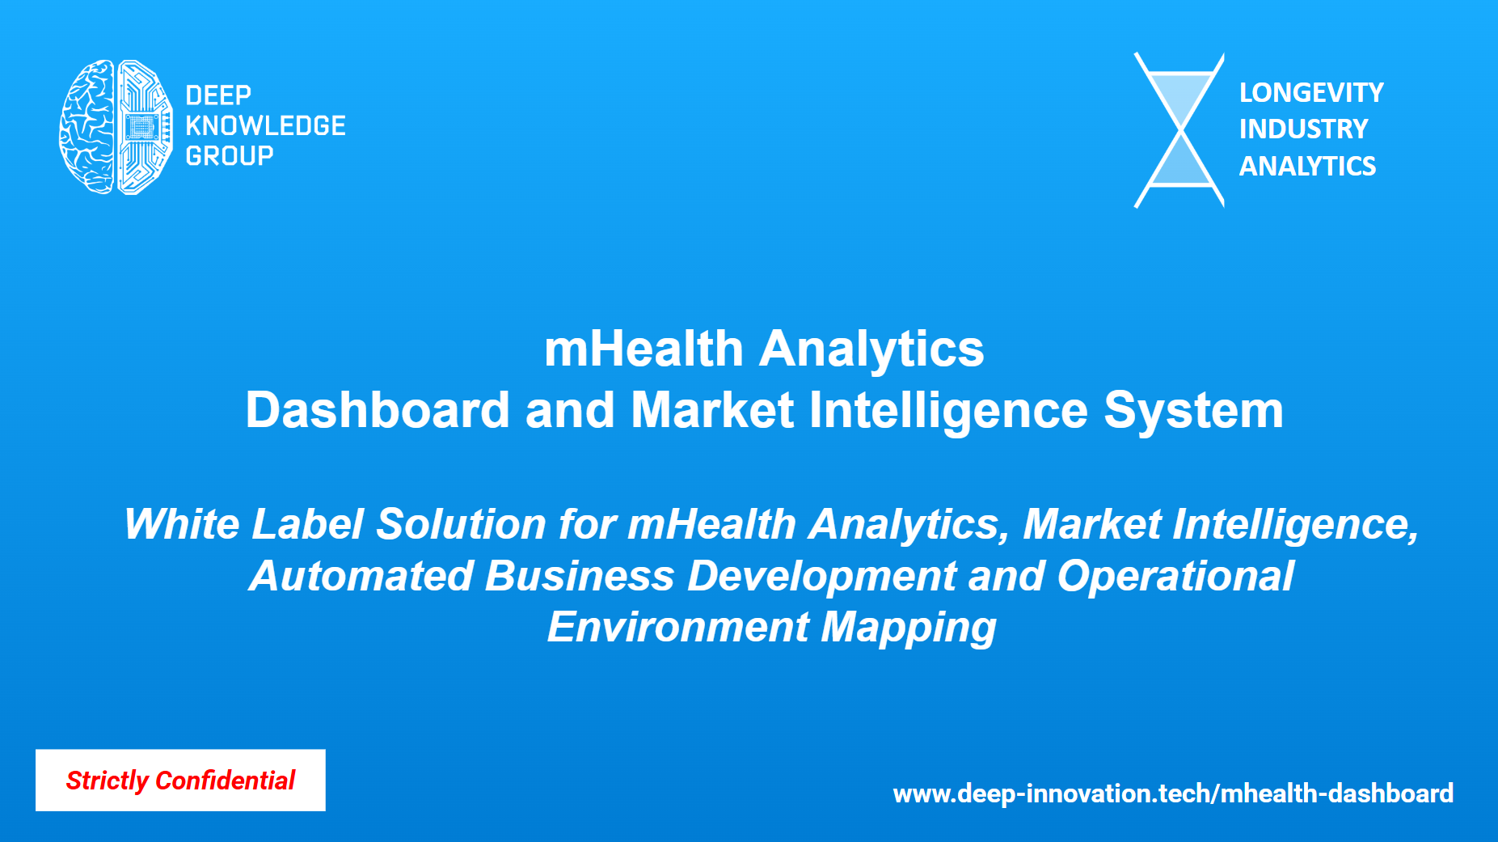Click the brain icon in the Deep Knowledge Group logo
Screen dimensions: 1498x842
point(116,127)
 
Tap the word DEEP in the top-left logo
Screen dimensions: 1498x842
point(218,95)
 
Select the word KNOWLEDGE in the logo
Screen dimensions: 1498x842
point(265,125)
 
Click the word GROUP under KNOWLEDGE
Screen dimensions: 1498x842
point(230,155)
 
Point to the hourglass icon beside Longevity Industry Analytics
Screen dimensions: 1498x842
point(1179,130)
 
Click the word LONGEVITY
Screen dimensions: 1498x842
point(1311,93)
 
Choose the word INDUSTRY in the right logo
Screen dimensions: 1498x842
point(1303,129)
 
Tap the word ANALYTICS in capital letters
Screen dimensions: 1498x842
point(1307,167)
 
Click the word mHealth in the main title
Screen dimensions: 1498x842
point(644,349)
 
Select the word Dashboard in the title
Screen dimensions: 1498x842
point(378,410)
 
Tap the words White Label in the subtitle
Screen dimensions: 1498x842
point(244,524)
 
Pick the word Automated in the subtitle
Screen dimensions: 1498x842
point(361,576)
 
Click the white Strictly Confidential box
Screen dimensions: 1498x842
point(180,780)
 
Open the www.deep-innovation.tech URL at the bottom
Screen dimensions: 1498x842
point(1173,793)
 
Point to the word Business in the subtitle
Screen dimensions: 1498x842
point(580,576)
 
